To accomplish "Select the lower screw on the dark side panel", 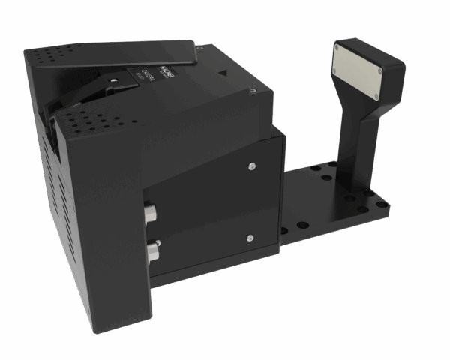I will coord(247,238).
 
